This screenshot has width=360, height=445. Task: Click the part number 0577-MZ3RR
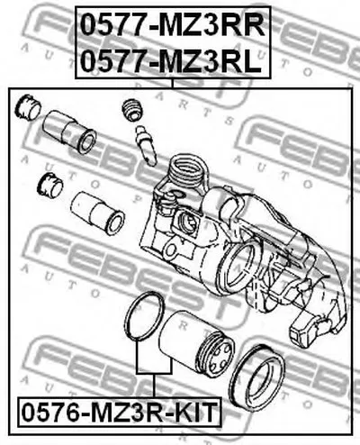point(173,25)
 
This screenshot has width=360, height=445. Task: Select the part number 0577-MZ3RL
point(171,61)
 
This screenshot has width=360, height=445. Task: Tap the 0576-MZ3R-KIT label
point(119,413)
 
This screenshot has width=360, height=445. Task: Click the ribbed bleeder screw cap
point(132,110)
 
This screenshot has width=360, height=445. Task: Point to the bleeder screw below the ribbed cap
point(147,145)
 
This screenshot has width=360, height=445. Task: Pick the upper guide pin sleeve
point(69,132)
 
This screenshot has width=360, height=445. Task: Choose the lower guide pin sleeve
point(98,213)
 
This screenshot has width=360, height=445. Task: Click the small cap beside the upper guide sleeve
point(28,107)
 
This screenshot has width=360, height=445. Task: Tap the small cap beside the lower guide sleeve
point(49,186)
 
